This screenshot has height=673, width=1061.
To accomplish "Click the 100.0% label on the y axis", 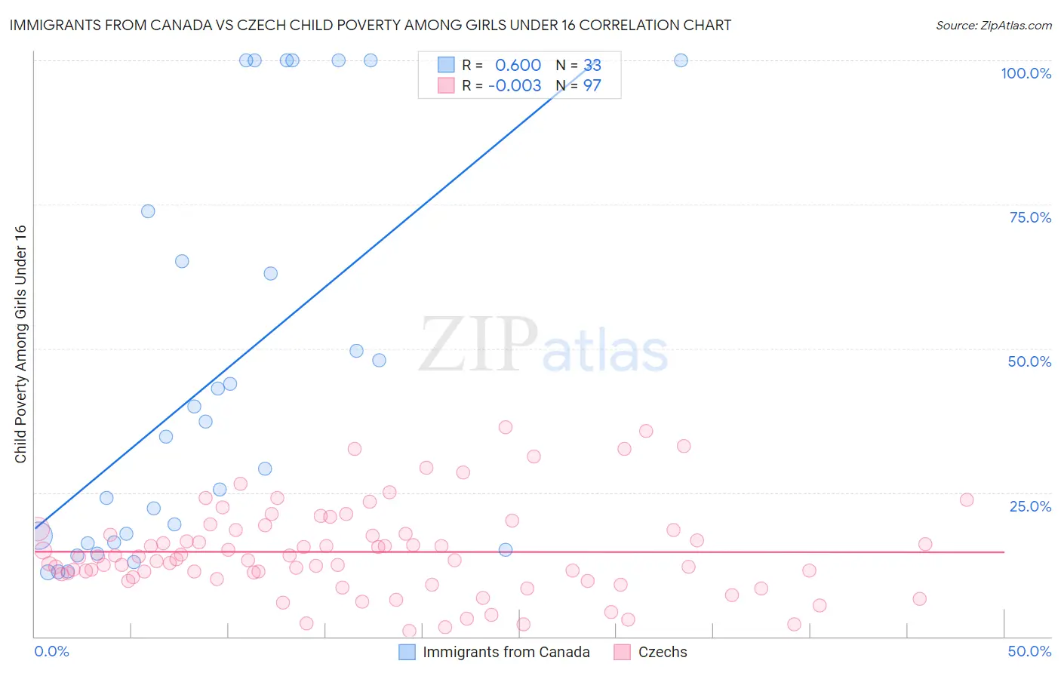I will pos(1026,73).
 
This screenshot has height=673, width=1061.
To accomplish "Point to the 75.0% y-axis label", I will pos(1029,217).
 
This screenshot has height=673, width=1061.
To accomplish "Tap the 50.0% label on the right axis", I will pos(1029,361).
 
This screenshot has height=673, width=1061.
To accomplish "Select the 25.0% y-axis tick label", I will pos(1029,506).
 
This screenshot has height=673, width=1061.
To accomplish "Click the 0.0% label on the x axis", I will pos(51,651).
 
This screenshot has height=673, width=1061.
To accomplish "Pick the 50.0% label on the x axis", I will pos(1029,651).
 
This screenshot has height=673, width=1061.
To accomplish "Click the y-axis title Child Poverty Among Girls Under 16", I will pos(20,344).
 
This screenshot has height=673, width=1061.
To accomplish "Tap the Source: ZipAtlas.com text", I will pos(993,25).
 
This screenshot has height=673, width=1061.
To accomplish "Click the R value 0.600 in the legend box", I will pos(518,66).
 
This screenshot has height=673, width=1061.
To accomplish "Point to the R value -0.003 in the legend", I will pos(515,86).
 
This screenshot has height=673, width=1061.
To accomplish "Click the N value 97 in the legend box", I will pos(592,86).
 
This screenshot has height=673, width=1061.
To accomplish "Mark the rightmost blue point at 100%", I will pos(681,60).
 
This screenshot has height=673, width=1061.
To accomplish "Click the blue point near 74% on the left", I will pos(148,211).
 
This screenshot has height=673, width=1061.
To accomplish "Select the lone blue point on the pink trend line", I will pos(506,549).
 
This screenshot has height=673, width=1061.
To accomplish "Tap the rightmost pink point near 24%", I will pos(967,499).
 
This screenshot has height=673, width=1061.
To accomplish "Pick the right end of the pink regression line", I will pos(1004,552).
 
